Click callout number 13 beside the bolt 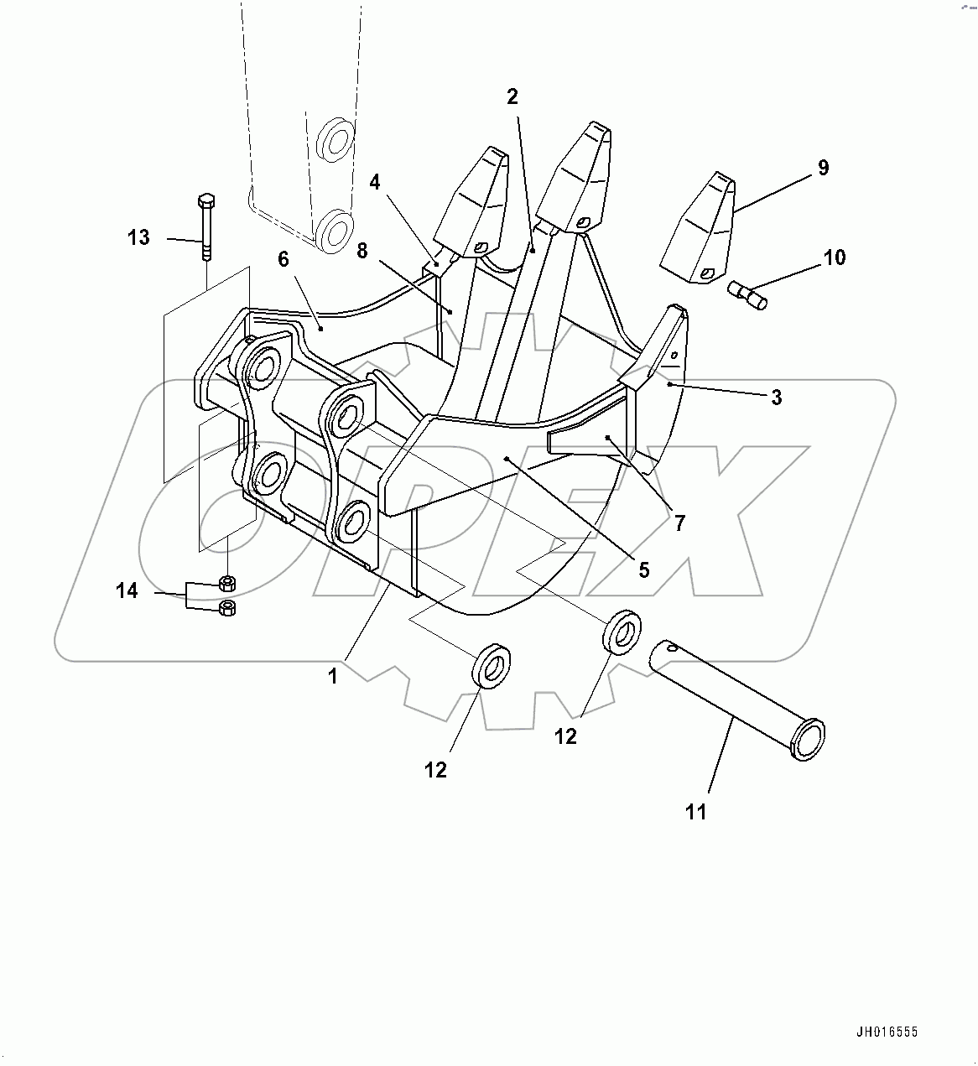138,237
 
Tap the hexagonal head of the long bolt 206,201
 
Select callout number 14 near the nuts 127,591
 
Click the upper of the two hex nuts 226,582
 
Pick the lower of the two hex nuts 226,608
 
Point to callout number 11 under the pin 696,811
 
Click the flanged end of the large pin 806,738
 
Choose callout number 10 835,257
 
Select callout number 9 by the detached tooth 823,167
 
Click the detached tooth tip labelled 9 698,231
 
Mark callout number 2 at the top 512,96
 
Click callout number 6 284,259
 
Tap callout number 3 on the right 776,397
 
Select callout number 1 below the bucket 333,675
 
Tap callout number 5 643,569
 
